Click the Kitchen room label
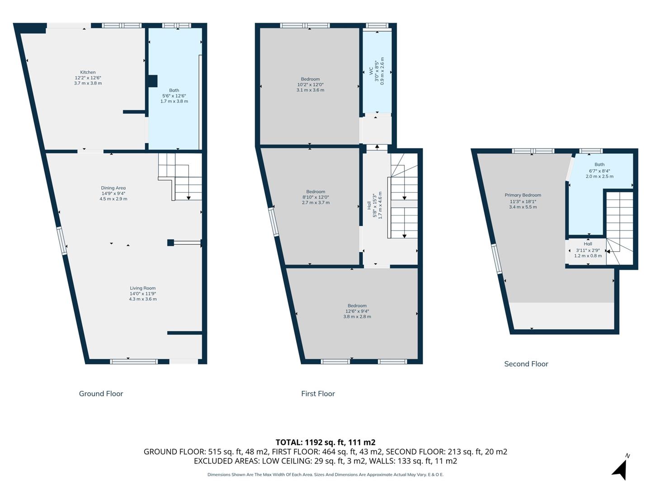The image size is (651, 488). click(x=88, y=72)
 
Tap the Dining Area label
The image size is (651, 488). click(x=113, y=188)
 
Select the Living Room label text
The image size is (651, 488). click(x=142, y=288)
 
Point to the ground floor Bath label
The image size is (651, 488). click(x=174, y=90)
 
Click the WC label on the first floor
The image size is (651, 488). click(x=371, y=71)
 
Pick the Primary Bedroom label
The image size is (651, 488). click(x=523, y=195)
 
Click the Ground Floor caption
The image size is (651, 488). click(x=101, y=394)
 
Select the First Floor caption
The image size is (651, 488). click(x=318, y=394)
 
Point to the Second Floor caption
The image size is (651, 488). click(x=526, y=364)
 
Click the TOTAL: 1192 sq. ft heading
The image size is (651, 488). click(x=325, y=442)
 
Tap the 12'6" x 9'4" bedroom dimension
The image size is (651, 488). click(x=357, y=311)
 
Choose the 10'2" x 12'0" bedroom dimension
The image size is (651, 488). click(x=310, y=84)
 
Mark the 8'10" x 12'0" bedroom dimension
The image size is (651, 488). click(x=316, y=197)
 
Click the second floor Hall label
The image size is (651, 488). click(x=588, y=244)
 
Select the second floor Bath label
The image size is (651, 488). click(x=599, y=164)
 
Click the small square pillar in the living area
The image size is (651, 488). click(x=170, y=243)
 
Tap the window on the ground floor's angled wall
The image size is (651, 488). click(x=62, y=241)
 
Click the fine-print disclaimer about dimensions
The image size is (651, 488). click(x=325, y=474)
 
